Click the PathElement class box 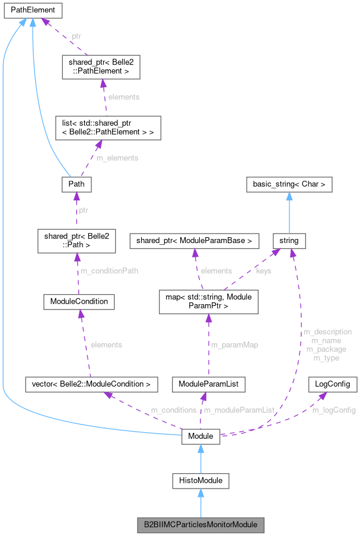point(31,10)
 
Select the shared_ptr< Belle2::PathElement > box point(100,67)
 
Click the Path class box point(76,184)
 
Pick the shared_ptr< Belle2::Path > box point(75,241)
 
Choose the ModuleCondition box point(79,301)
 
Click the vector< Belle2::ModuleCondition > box point(91,384)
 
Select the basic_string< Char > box point(289,184)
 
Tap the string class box point(289,241)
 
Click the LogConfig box point(333,384)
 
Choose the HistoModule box point(200,480)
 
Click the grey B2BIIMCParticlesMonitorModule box point(200,525)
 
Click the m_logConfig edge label point(333,410)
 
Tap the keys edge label point(263,271)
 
